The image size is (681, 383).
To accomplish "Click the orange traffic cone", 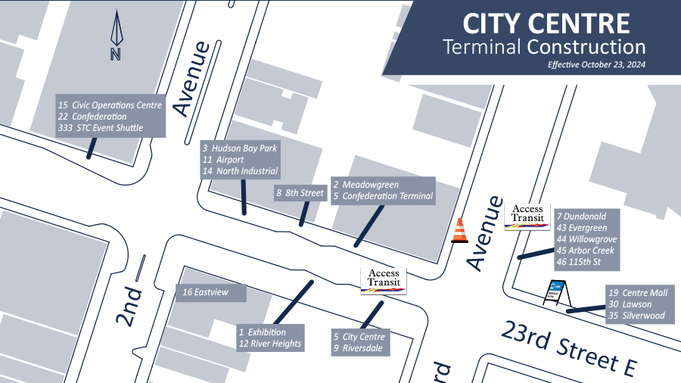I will tap(459, 231).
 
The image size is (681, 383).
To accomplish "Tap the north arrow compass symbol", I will tap(116, 35).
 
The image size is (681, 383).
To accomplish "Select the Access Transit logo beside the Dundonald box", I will tap(527, 215).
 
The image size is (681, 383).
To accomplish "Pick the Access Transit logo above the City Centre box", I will tap(384, 280).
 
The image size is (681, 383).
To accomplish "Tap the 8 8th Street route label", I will tap(300, 193).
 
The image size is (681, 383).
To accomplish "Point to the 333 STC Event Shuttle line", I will tap(101, 129).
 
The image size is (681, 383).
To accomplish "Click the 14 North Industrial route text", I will tap(241, 172).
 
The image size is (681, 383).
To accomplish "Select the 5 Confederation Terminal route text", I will tap(383, 196).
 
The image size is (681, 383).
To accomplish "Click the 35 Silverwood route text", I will tap(636, 316).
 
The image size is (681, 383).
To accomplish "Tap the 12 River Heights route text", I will tap(270, 344).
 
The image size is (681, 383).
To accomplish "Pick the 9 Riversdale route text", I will tap(359, 349).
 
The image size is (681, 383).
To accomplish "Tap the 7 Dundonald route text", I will tap(581, 216).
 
